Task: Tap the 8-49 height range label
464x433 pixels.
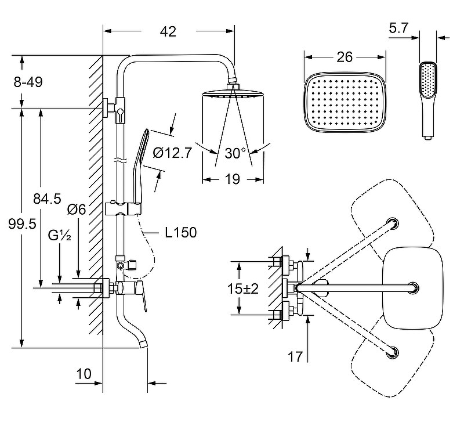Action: click(28, 82)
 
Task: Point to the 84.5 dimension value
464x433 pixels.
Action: click(47, 199)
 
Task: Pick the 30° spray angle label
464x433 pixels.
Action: click(235, 154)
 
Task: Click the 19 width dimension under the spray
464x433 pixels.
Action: click(232, 180)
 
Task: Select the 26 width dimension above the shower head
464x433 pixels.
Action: click(345, 57)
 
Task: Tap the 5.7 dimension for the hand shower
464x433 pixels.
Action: click(399, 27)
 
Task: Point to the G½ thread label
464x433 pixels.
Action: click(60, 236)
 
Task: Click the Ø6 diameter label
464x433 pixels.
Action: click(77, 210)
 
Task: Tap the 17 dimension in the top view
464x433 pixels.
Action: click(295, 357)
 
